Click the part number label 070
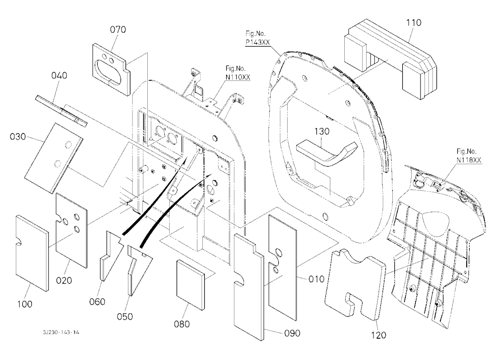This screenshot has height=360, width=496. [x=118, y=29]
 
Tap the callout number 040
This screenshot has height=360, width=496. [x=59, y=75]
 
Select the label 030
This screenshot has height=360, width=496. [x=18, y=137]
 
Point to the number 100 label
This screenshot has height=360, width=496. [x=24, y=304]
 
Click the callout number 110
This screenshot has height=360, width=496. [x=414, y=22]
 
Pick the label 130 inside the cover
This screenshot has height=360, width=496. [x=322, y=131]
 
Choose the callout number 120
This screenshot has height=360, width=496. [x=378, y=335]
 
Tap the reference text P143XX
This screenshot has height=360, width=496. [x=258, y=42]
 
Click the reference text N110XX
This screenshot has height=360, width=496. [x=238, y=77]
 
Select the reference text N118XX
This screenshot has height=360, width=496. [x=469, y=160]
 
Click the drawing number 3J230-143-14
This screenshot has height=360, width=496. [x=61, y=332]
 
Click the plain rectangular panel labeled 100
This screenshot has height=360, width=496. [x=32, y=252]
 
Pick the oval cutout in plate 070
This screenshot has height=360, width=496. [x=109, y=73]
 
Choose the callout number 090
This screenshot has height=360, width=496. [x=292, y=333]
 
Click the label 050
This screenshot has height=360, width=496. [x=125, y=316]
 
